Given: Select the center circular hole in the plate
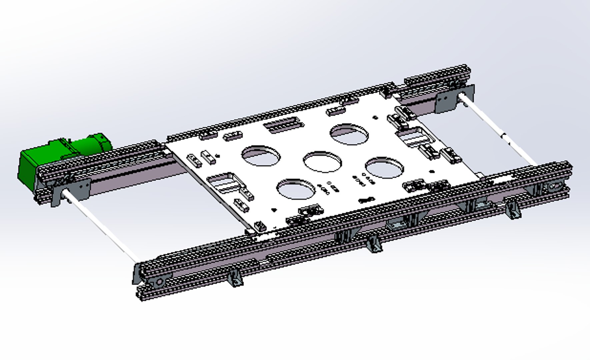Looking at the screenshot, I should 322,162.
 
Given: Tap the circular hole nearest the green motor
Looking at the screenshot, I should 261,155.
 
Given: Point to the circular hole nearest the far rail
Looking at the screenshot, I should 349,134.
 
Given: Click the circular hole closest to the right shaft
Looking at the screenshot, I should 384,167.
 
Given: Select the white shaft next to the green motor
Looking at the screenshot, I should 100,227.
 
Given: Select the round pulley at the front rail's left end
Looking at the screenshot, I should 159,282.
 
